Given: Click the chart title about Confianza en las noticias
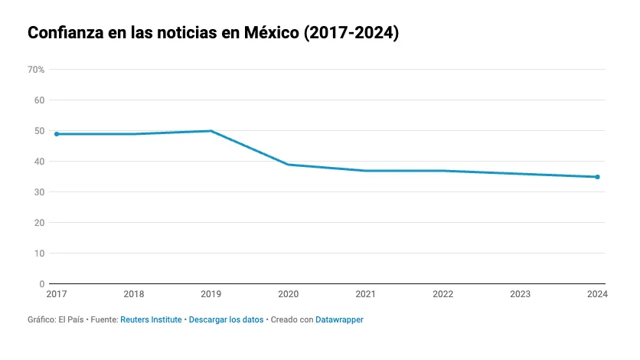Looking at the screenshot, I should (214, 34).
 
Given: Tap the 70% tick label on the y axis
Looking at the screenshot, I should (36, 70).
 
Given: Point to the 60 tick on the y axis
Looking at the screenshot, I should (40, 100).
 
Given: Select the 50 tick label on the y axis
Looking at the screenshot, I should (40, 131).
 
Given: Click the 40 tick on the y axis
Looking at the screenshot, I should (40, 162).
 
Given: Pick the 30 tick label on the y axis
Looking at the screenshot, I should (40, 192).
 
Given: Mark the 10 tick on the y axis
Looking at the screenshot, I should (40, 254).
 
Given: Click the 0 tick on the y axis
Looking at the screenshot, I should (42, 284).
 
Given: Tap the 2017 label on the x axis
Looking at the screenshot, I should (57, 294).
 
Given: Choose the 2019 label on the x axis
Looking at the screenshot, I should (211, 294).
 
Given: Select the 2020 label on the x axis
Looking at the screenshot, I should (289, 294).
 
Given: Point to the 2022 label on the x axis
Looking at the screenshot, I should (443, 294).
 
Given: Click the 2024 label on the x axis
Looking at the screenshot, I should (596, 294).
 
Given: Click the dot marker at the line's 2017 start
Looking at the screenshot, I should (57, 134).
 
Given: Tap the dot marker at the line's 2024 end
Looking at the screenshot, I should (597, 177).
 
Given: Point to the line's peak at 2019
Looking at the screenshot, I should (211, 131).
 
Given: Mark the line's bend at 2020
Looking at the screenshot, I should (289, 165).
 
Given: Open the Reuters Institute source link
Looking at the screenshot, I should (151, 319).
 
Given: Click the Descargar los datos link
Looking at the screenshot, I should (226, 319).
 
